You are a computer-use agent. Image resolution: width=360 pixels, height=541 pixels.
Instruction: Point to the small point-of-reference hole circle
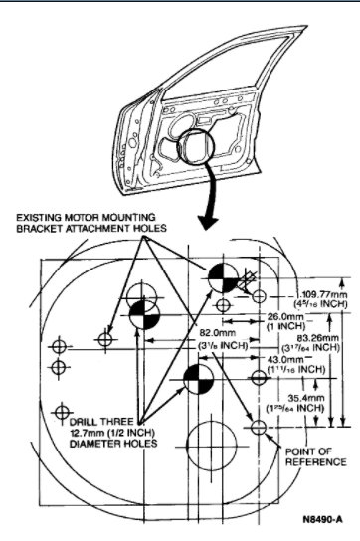tap(259, 427)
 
